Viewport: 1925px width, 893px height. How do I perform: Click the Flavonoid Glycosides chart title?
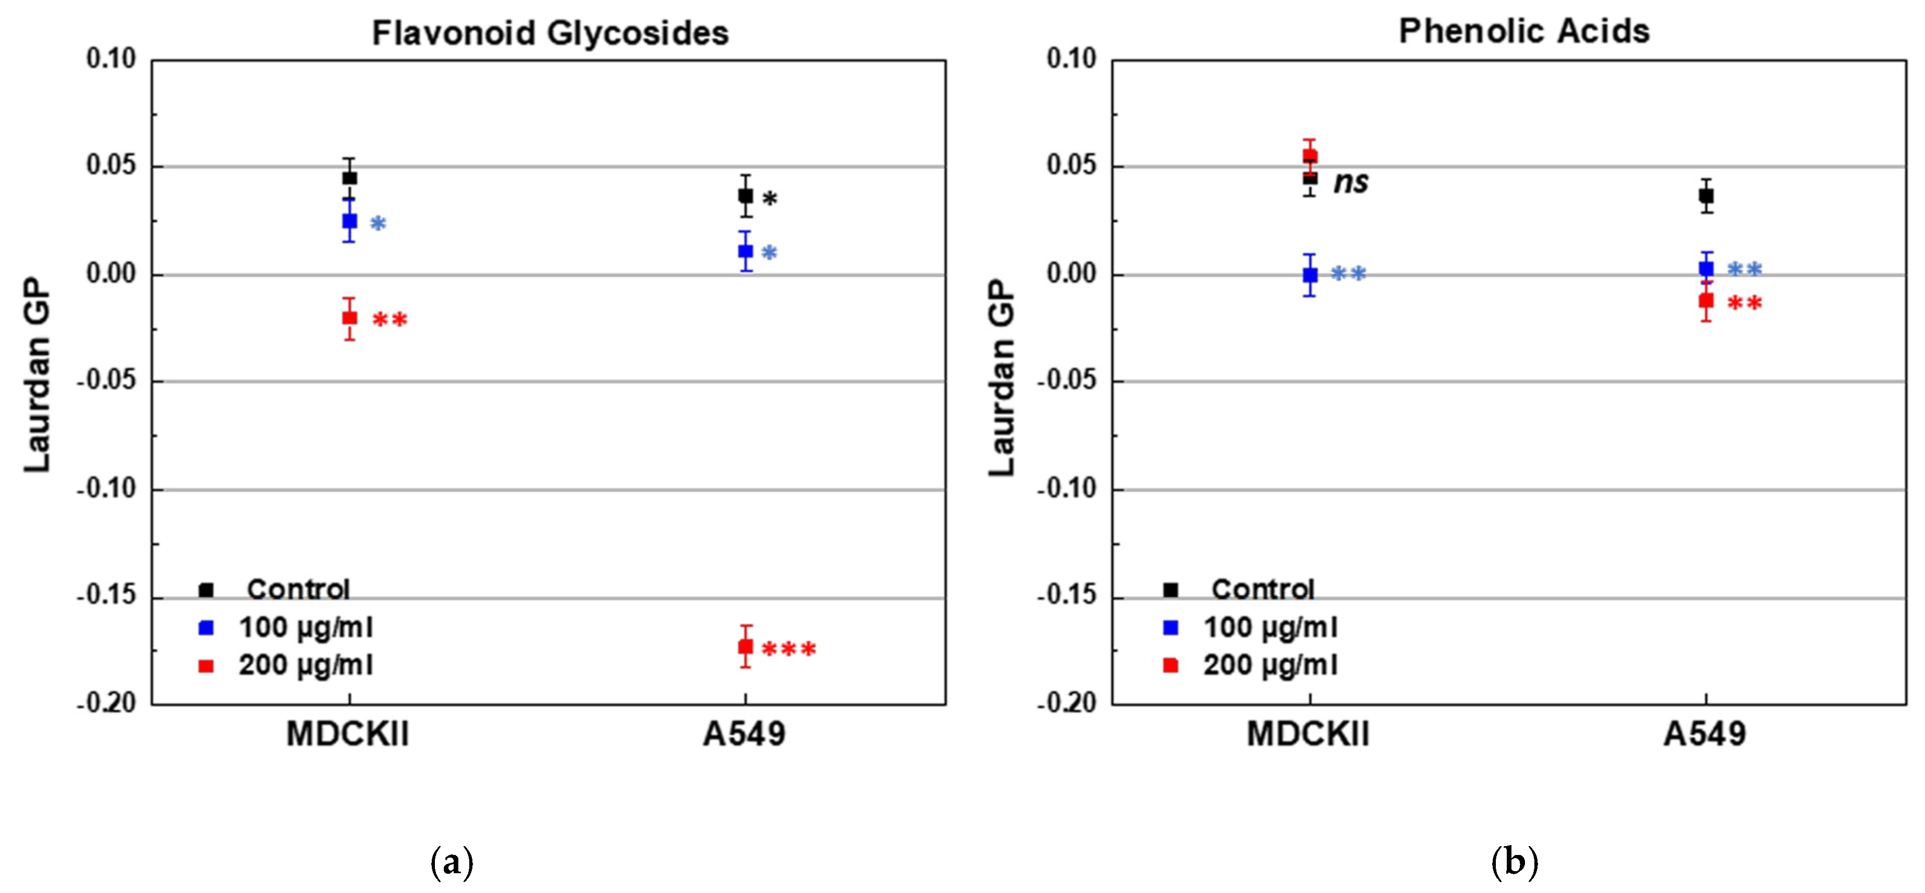point(550,34)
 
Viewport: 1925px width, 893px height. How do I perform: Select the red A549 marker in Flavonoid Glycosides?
point(745,646)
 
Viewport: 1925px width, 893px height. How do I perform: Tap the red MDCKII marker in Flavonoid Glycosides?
point(349,318)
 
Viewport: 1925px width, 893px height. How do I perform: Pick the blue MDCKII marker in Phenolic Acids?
point(1309,275)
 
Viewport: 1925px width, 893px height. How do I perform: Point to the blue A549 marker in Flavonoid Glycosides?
point(745,251)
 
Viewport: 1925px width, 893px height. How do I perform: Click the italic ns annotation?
point(1351,182)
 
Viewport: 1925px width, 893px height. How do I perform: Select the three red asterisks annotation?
point(789,649)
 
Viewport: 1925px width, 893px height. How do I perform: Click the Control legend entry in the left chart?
point(297,589)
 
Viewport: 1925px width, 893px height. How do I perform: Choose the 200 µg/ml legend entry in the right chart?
point(1270,665)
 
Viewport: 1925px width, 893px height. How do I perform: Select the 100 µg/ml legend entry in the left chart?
point(305,628)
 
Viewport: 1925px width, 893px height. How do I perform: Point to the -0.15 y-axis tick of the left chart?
point(107,596)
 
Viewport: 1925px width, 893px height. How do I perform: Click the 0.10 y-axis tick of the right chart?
point(1071,58)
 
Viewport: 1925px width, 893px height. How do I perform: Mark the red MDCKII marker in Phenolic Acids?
point(1309,156)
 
